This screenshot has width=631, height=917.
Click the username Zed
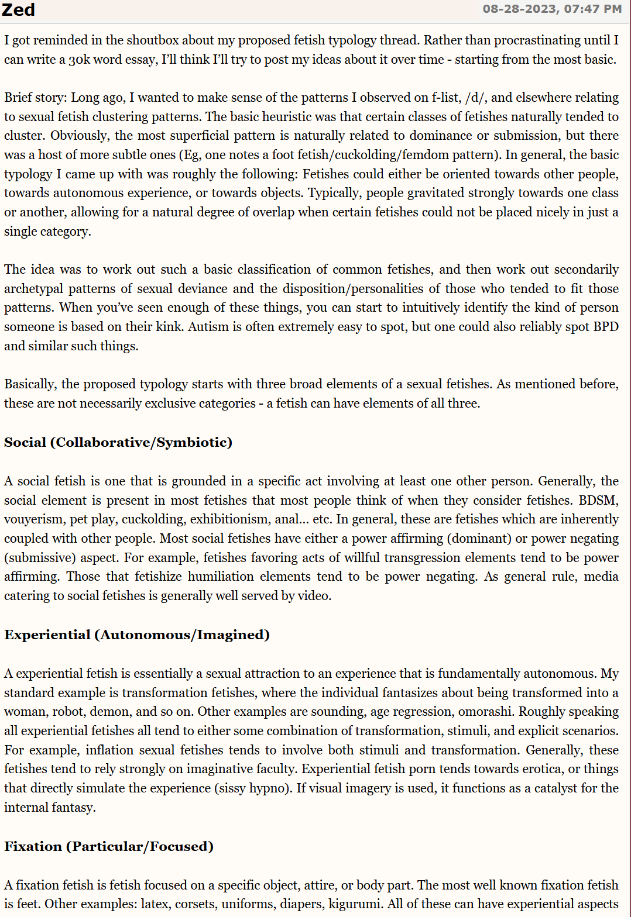(18, 10)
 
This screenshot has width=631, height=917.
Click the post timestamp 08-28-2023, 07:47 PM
(552, 9)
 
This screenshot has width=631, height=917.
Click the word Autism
(208, 327)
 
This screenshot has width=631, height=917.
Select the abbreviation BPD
(606, 327)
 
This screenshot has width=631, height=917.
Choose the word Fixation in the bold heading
(33, 847)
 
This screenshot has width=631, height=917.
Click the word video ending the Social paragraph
(315, 596)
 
